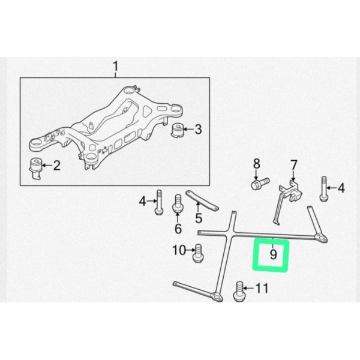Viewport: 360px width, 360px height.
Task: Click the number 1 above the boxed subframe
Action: [116, 65]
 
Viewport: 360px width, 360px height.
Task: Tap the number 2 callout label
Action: [56, 166]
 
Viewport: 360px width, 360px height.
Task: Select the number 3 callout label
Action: [199, 129]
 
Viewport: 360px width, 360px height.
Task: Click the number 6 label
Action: [178, 229]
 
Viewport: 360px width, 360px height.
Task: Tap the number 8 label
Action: [256, 163]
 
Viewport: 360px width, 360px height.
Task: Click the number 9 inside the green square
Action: [273, 254]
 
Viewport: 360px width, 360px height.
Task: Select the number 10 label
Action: [179, 250]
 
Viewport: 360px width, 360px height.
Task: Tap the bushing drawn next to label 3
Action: [178, 130]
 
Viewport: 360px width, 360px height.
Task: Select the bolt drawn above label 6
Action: [178, 204]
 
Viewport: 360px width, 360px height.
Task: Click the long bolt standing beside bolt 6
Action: [160, 202]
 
